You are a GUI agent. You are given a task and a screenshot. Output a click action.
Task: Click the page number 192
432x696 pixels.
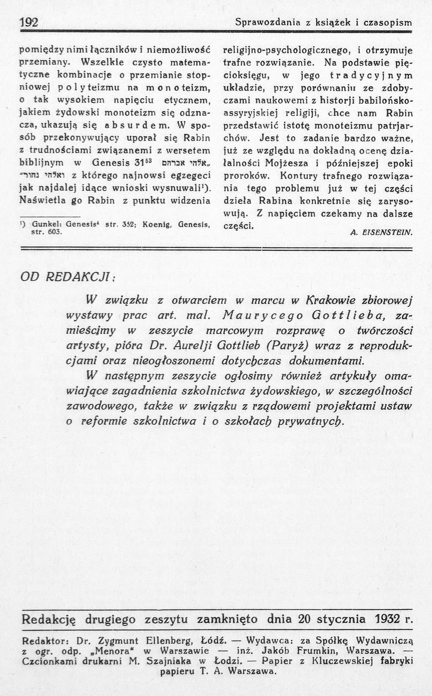click(x=29, y=22)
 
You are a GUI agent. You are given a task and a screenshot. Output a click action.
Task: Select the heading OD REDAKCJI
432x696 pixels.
click(x=67, y=277)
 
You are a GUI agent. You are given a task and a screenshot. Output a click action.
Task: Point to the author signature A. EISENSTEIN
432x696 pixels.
click(x=382, y=232)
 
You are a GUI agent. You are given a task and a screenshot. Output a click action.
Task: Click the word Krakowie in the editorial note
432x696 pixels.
click(x=330, y=300)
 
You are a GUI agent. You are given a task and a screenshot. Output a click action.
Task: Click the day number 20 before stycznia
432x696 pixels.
click(x=304, y=619)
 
